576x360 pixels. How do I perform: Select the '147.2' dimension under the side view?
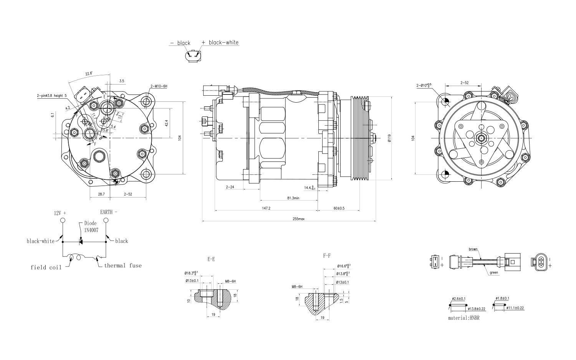point(266,208)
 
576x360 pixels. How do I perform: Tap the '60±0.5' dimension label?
point(339,208)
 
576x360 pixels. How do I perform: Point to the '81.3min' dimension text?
point(293,198)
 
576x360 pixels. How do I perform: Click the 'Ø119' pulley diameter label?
point(389,138)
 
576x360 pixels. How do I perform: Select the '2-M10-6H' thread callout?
point(159,86)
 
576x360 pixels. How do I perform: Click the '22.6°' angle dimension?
point(89,74)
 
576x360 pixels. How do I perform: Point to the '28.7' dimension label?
point(101,194)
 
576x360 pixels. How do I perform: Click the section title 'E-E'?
point(211,259)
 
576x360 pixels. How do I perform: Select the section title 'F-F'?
point(327,255)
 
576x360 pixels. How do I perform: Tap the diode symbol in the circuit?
point(81,242)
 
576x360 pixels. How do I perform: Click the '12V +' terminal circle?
point(63,221)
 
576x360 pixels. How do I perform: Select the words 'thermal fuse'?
point(122,265)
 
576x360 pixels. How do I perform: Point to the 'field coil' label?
point(46,267)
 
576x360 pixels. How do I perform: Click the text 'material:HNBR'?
point(463,318)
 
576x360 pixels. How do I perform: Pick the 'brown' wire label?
point(473,249)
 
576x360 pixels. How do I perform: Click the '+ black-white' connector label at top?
point(220,43)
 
